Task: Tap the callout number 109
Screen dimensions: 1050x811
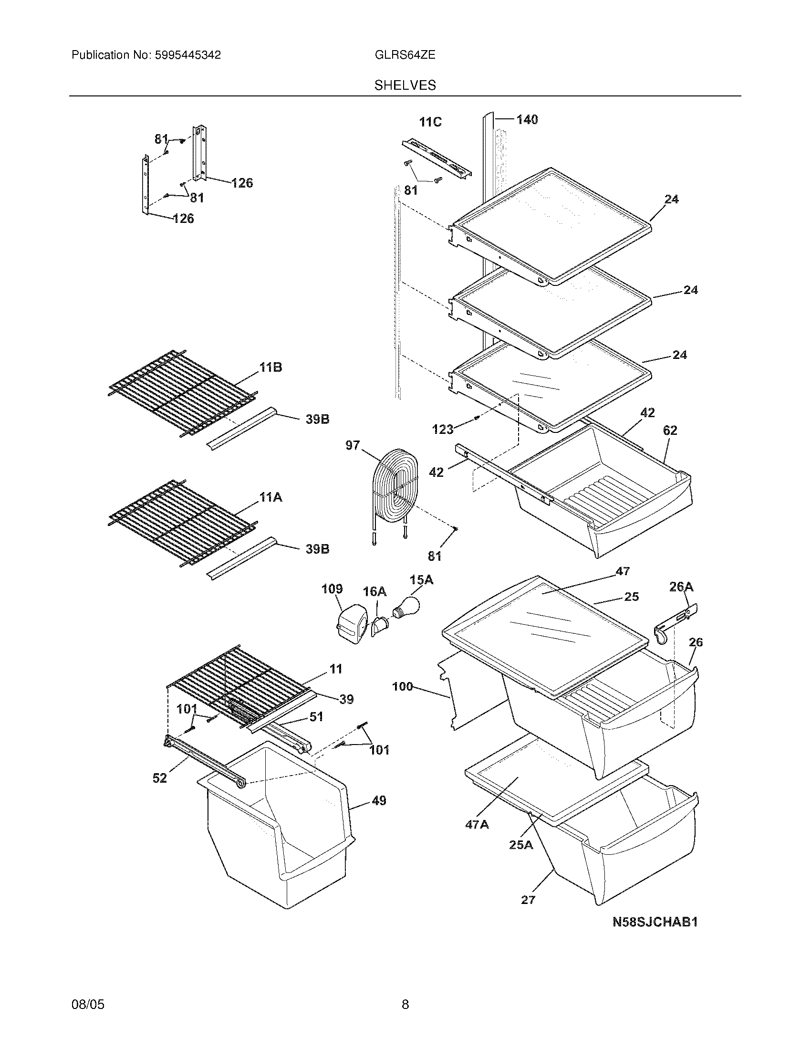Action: (332, 589)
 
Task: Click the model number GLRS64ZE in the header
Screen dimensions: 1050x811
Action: (405, 55)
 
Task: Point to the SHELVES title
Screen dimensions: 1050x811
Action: (405, 85)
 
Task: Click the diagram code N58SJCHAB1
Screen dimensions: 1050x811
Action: (655, 922)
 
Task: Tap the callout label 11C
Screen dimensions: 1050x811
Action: (430, 122)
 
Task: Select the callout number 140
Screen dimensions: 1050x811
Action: (527, 119)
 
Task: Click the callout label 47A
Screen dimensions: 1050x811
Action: (477, 824)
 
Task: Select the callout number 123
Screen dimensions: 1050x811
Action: (443, 429)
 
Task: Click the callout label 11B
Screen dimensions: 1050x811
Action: (270, 368)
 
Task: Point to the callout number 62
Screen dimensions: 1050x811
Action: (670, 430)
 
